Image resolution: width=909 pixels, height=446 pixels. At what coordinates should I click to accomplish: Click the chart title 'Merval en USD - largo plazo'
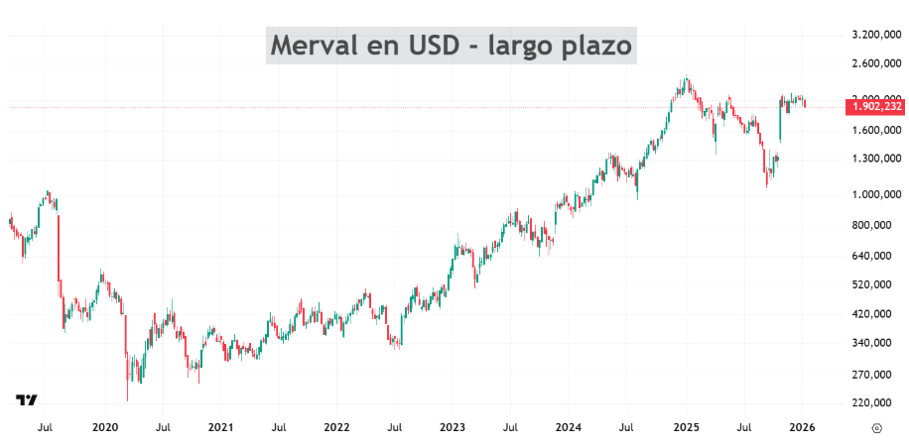point(452,46)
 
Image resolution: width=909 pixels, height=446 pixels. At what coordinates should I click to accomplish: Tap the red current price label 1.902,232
point(876,107)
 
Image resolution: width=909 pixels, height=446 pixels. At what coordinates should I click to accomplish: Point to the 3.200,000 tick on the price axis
point(876,35)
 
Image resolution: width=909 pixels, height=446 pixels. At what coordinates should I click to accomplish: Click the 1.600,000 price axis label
point(876,130)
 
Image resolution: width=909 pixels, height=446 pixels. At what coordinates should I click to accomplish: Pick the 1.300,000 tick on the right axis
point(876,159)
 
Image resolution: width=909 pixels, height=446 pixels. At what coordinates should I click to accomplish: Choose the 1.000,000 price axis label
point(876,195)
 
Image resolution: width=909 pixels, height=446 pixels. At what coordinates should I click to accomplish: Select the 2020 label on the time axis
point(104,428)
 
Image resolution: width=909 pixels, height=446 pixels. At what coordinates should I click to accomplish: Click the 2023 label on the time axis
point(453,428)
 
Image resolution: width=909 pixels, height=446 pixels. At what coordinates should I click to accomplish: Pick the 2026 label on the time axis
point(802,428)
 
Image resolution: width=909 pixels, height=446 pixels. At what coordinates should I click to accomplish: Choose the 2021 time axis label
point(220,428)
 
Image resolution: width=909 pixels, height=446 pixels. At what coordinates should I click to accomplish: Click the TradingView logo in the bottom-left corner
point(27,400)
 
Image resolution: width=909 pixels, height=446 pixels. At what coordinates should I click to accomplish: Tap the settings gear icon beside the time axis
point(876,428)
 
